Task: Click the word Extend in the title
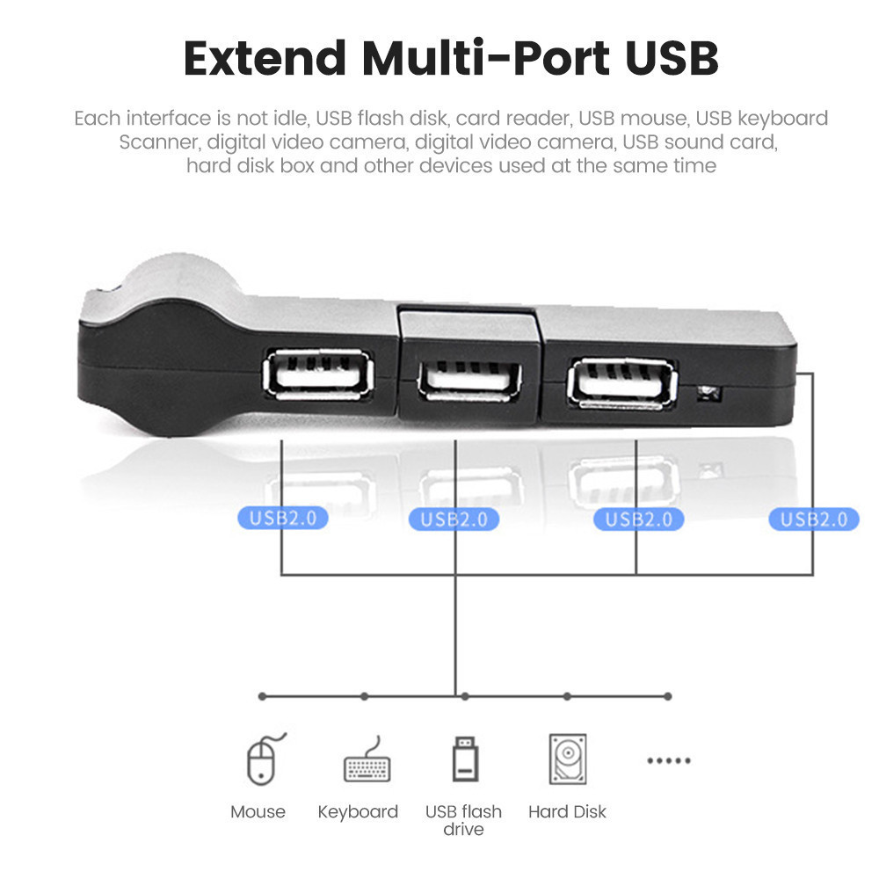[265, 58]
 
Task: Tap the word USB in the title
[672, 58]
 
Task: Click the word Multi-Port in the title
[485, 58]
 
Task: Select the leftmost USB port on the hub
[318, 374]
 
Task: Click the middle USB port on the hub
[469, 381]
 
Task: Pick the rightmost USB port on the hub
[622, 384]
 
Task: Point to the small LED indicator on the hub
[708, 393]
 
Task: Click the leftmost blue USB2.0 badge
[282, 518]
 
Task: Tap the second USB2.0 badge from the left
[454, 519]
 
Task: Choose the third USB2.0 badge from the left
[638, 519]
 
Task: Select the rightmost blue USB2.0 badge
[813, 519]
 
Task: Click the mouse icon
[265, 759]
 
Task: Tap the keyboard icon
[367, 759]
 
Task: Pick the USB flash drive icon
[465, 759]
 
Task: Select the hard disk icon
[568, 759]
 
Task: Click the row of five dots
[669, 760]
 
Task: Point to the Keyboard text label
[358, 811]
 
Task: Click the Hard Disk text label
[567, 811]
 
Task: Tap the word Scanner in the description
[158, 142]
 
